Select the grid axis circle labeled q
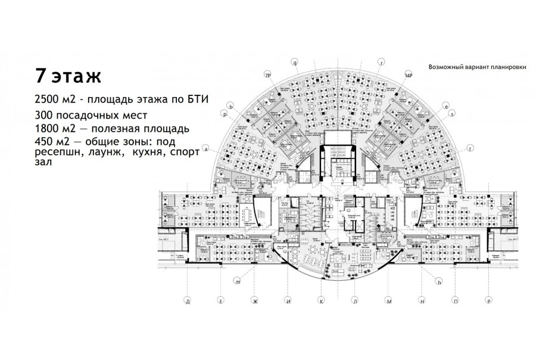click(x=295, y=61)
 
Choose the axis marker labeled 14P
click(x=408, y=76)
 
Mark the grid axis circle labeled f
click(x=470, y=148)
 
